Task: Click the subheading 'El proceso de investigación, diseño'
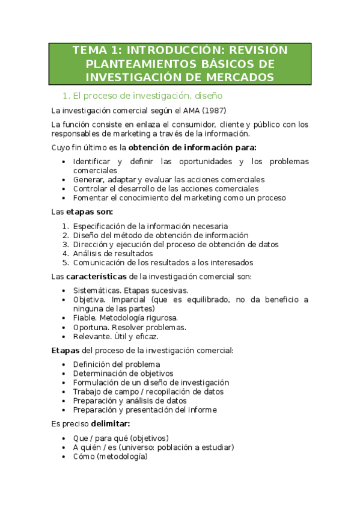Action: pyautogui.click(x=147, y=95)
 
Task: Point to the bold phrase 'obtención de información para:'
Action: pyautogui.click(x=192, y=147)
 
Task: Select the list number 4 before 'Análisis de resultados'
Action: pyautogui.click(x=65, y=253)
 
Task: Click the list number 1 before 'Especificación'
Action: pyautogui.click(x=65, y=226)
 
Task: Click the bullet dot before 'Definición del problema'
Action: pyautogui.click(x=65, y=364)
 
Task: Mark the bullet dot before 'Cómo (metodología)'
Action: pyautogui.click(x=65, y=456)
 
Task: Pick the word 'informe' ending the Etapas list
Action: pyautogui.click(x=202, y=410)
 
